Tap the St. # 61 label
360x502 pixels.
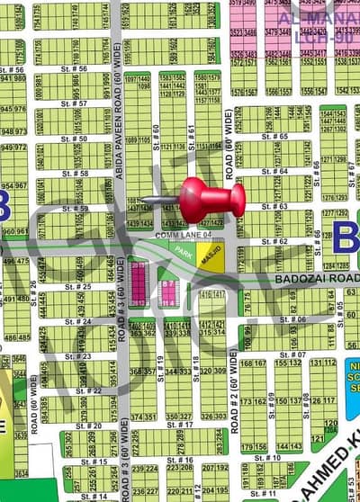[191, 133]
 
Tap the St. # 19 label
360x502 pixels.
[160, 364]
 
